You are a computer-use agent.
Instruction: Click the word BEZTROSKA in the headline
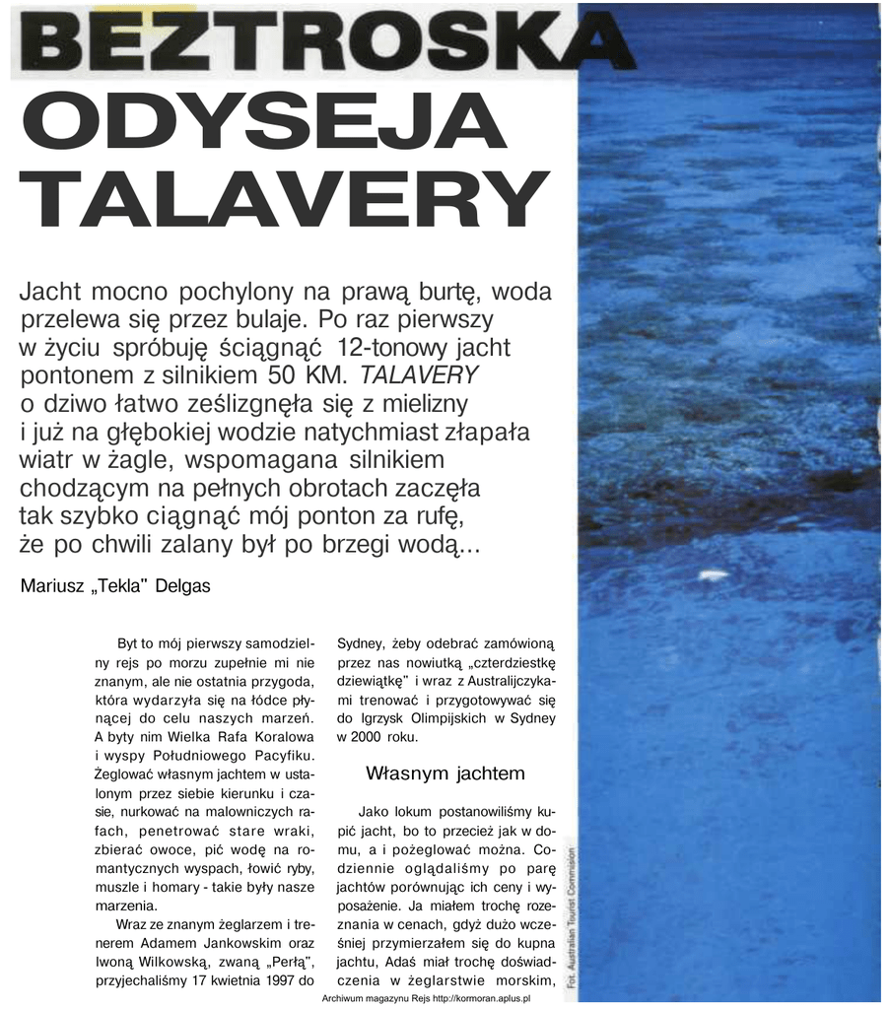pyautogui.click(x=325, y=41)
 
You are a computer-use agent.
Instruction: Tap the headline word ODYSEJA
pyautogui.click(x=262, y=123)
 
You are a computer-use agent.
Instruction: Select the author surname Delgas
pyautogui.click(x=183, y=585)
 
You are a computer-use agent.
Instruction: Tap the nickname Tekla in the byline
pyautogui.click(x=115, y=585)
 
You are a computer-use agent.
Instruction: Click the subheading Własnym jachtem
pyautogui.click(x=445, y=773)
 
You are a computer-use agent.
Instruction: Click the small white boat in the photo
pyautogui.click(x=712, y=573)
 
